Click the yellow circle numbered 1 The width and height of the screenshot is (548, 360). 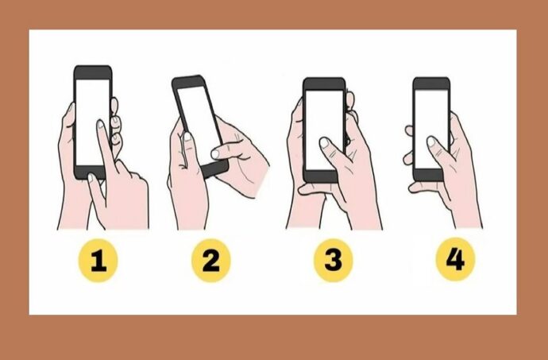(x=98, y=261)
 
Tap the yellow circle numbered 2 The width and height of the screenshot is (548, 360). (x=211, y=261)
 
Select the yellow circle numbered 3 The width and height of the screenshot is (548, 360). (x=333, y=260)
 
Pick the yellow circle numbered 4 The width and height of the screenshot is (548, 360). (x=455, y=259)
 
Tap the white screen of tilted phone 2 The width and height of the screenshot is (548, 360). (x=198, y=119)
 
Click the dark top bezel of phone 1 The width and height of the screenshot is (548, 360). (x=93, y=72)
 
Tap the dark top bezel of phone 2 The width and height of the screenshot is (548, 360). (x=189, y=82)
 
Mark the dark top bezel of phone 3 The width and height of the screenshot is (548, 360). (x=324, y=84)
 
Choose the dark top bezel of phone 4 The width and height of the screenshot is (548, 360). (x=431, y=83)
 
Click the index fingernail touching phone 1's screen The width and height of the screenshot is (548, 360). (x=101, y=124)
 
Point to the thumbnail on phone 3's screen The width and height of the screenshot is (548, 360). (x=324, y=142)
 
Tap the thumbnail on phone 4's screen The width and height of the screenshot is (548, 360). (x=431, y=141)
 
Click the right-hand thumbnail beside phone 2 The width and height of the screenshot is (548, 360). (x=215, y=154)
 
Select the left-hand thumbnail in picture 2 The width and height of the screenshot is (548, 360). (x=187, y=137)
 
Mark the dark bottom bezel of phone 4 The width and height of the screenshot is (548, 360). (x=429, y=175)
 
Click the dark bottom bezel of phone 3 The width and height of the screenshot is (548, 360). (x=320, y=176)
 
